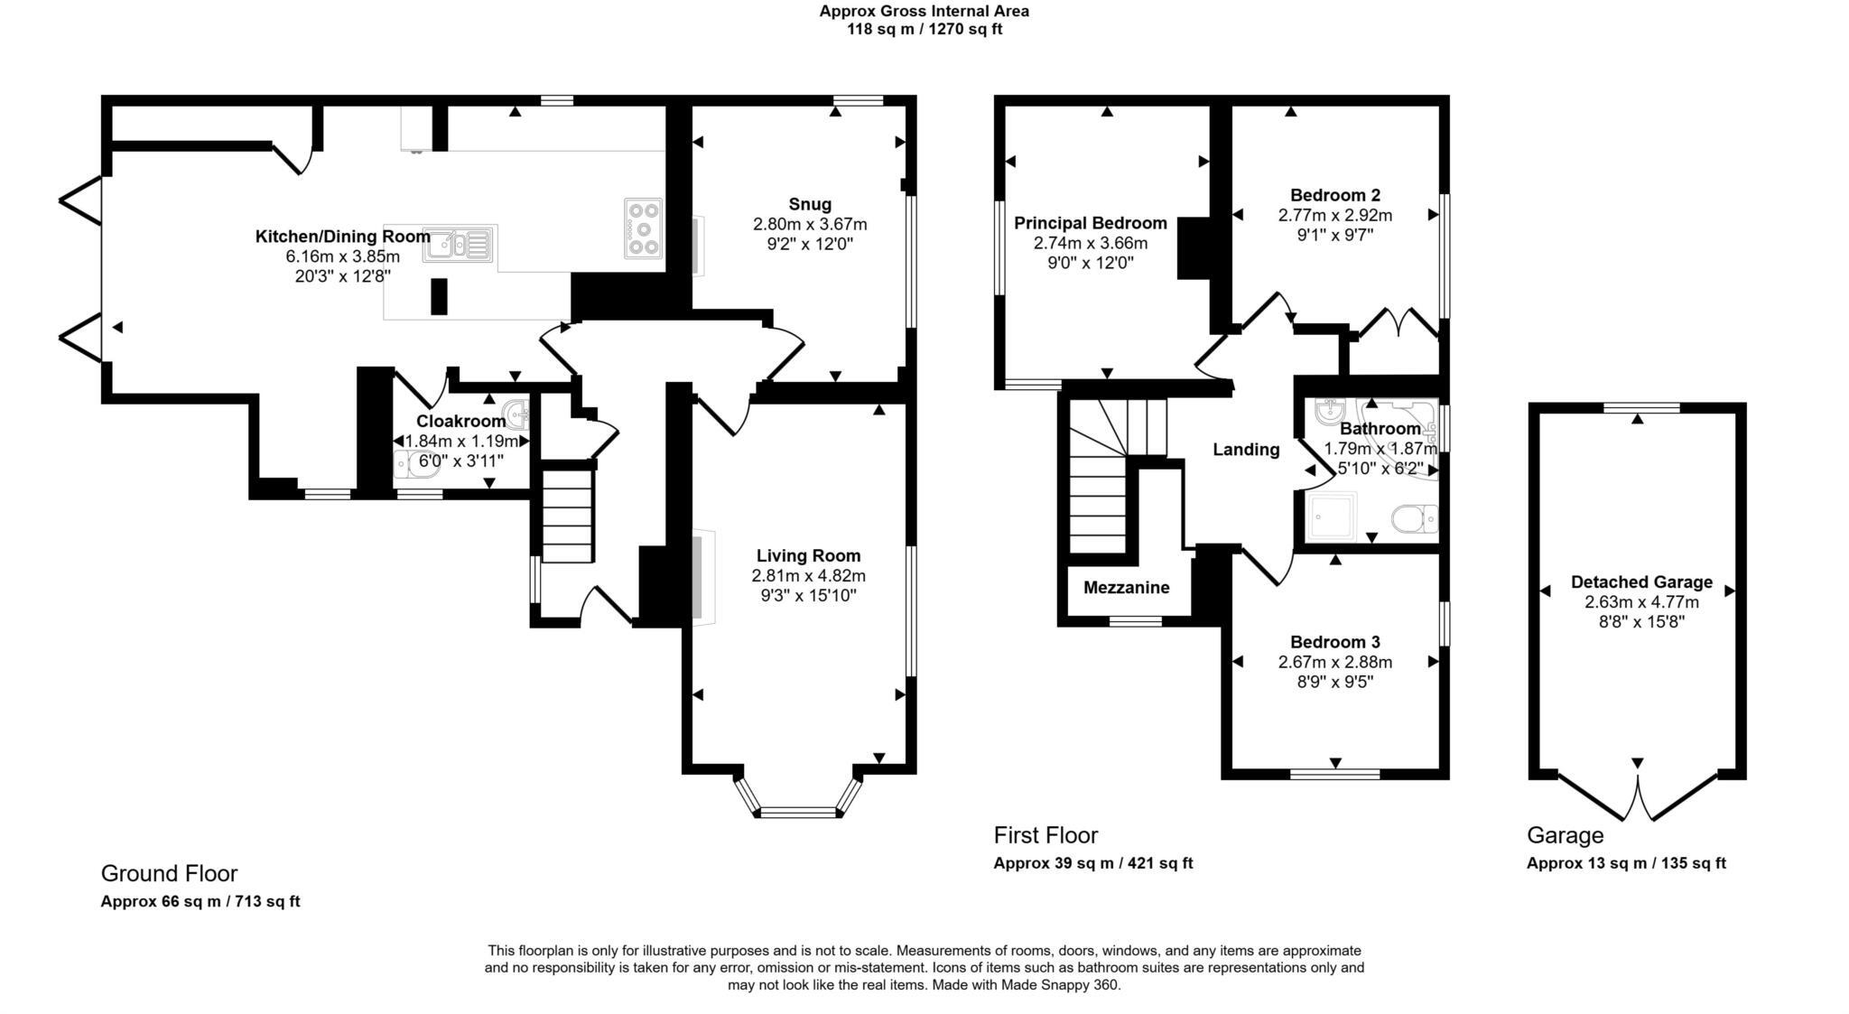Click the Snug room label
coord(809,204)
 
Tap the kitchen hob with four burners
coord(643,228)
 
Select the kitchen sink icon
coord(460,244)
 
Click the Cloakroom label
coord(460,422)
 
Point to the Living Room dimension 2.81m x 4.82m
coord(808,576)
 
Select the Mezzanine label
coord(1126,588)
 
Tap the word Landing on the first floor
coord(1245,450)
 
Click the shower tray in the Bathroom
coord(1331,516)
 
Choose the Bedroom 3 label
coord(1334,642)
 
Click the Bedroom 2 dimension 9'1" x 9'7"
coord(1334,235)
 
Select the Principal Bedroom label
coord(1090,223)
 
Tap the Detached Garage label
coord(1640,582)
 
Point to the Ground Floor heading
coord(169,873)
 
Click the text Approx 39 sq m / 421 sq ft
coord(1092,863)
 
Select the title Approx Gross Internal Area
coord(924,12)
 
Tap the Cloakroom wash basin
coord(517,414)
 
